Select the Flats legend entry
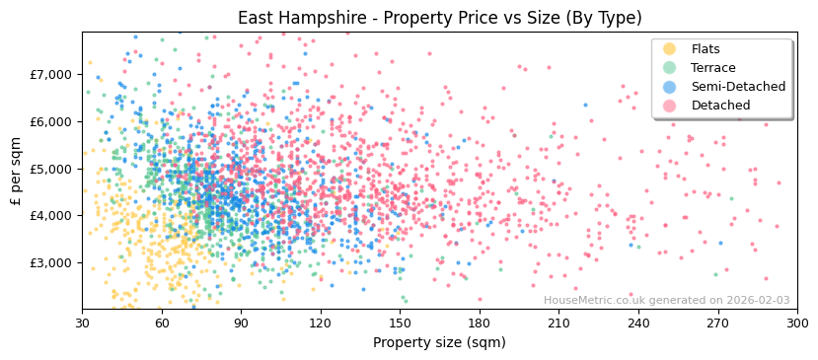(706, 49)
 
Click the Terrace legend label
(711, 68)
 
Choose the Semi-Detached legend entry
(738, 87)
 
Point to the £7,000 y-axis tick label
(50, 74)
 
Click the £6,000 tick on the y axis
(50, 121)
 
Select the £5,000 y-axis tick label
(50, 169)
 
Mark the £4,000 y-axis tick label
(50, 215)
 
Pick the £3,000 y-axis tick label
(50, 262)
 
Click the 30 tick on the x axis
(83, 323)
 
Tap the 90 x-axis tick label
(241, 323)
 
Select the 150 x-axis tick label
(400, 323)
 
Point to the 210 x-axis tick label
(558, 323)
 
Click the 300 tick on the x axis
(796, 323)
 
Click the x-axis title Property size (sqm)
(439, 342)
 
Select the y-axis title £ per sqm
(16, 170)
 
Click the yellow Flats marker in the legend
(670, 49)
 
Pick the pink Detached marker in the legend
(670, 106)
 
